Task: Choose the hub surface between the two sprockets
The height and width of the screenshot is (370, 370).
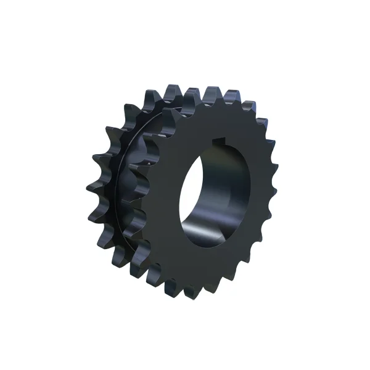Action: (133, 185)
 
